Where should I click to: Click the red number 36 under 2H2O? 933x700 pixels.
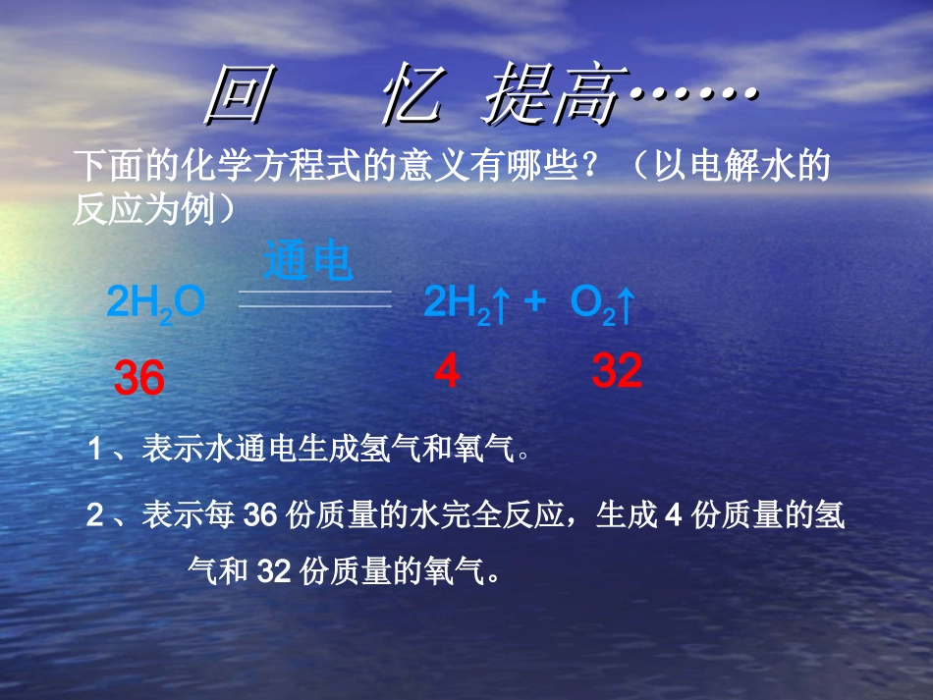pos(139,379)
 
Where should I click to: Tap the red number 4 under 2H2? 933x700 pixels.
pos(447,372)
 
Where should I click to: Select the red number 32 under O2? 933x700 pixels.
pos(617,371)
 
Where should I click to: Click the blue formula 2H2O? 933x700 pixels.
pos(155,304)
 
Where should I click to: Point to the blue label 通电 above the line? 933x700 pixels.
pos(308,262)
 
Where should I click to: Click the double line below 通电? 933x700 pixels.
pos(315,298)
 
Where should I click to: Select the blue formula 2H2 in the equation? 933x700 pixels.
pos(456,304)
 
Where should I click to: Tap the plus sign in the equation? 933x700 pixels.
pos(534,300)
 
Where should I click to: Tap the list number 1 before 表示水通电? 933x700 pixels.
pos(95,451)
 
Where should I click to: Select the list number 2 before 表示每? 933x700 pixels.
pos(95,515)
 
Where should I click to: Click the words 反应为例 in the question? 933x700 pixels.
pos(143,210)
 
